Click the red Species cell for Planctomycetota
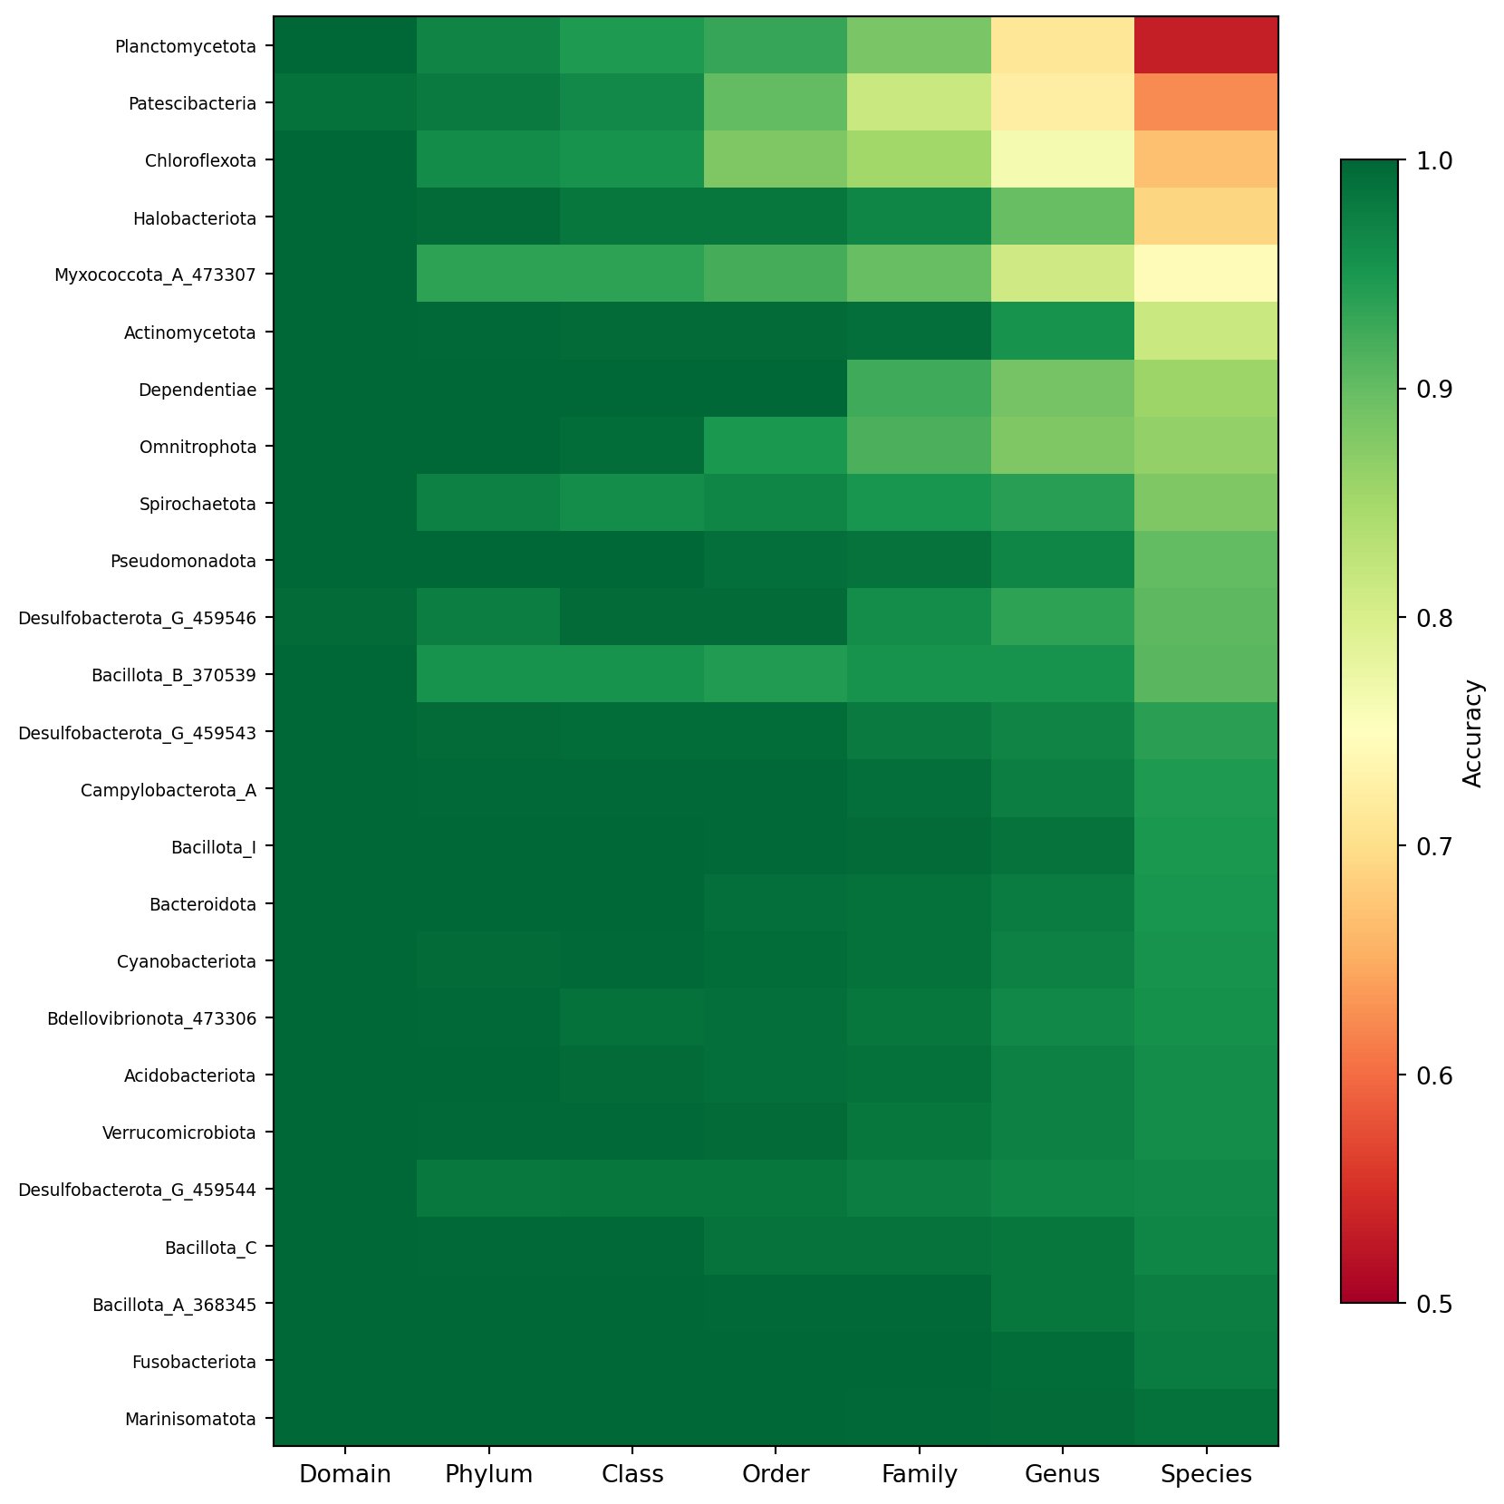tap(1206, 45)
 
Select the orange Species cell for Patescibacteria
tap(1206, 102)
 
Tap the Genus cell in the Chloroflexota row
tap(1063, 159)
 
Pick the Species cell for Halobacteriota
tap(1206, 217)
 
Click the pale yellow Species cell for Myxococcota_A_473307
tap(1206, 274)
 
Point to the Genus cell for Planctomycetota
tap(1063, 45)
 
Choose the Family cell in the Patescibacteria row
tap(919, 102)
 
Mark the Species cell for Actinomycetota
tap(1206, 332)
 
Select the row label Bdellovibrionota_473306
tap(151, 1018)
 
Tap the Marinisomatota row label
tap(190, 1419)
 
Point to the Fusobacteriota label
tap(194, 1362)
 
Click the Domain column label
tap(345, 1474)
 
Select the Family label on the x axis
tap(919, 1474)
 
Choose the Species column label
tap(1206, 1474)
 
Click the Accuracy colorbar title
tap(1473, 732)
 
